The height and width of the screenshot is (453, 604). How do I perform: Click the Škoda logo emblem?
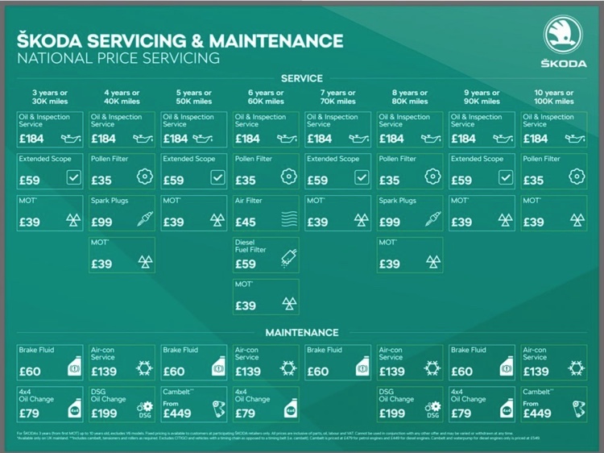click(x=564, y=35)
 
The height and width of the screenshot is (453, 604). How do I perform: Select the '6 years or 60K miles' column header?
click(x=266, y=98)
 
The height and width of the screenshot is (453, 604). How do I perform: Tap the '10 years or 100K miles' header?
click(x=554, y=98)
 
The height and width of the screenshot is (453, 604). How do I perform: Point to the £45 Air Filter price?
click(x=246, y=222)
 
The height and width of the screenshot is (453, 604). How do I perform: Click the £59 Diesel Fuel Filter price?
click(x=246, y=264)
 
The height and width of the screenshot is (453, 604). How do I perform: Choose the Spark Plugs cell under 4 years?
click(x=122, y=213)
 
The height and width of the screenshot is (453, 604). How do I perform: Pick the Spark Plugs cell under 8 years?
click(x=410, y=213)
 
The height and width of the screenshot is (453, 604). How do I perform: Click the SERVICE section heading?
click(x=301, y=78)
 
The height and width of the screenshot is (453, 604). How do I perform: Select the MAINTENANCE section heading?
click(x=302, y=332)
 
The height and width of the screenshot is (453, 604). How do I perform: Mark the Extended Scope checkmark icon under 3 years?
click(x=73, y=178)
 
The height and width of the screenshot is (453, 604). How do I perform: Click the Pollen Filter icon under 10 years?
click(x=575, y=178)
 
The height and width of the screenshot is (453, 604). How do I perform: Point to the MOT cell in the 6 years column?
click(x=266, y=297)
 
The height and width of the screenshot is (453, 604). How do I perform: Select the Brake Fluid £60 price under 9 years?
click(x=461, y=372)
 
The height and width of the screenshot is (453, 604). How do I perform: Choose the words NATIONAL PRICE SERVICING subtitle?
click(x=118, y=58)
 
